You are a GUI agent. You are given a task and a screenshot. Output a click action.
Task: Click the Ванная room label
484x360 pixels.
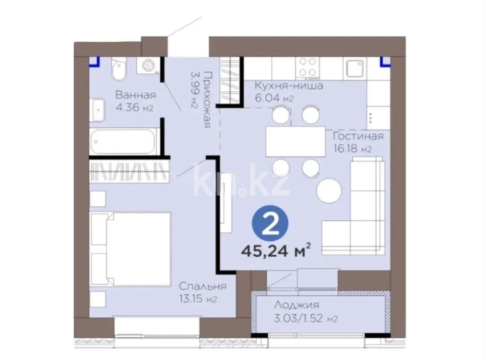point(135,95)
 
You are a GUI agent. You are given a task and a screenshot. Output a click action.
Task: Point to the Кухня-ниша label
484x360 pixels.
point(289,86)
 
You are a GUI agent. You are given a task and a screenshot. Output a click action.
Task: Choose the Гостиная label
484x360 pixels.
point(358,137)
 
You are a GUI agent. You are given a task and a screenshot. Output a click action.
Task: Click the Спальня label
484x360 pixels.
point(203,286)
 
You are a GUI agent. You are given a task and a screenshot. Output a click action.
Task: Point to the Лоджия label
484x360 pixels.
point(296,305)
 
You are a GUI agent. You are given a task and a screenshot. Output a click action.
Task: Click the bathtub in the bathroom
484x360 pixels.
point(124,141)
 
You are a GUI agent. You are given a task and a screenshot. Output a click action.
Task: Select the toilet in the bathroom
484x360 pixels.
point(119,69)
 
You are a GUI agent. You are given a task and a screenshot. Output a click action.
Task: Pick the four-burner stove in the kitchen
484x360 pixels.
point(308,68)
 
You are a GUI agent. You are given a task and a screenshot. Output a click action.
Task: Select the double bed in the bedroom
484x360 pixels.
point(131,249)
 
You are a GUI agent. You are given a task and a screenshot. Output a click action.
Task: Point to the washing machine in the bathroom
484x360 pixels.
point(148,66)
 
